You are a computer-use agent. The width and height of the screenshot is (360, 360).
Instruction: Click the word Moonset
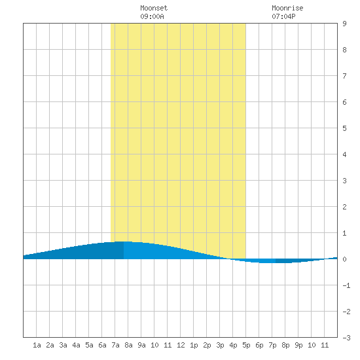(154, 8)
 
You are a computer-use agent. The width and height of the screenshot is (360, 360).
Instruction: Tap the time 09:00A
(152, 16)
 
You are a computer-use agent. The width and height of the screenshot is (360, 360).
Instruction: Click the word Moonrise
(287, 8)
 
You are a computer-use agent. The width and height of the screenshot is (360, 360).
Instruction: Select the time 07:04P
(283, 16)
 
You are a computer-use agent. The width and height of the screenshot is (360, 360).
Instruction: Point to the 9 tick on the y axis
(344, 24)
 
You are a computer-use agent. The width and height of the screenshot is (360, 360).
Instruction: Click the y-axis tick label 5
(344, 128)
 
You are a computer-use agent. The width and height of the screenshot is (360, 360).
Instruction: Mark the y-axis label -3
(346, 338)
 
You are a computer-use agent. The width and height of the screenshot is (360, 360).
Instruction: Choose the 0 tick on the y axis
(344, 259)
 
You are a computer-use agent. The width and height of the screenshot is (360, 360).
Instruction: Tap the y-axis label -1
(346, 285)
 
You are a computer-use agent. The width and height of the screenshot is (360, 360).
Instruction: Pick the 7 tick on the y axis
(344, 76)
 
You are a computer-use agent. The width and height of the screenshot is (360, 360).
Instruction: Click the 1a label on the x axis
(37, 345)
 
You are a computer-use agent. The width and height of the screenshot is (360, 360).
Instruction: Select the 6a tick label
(102, 345)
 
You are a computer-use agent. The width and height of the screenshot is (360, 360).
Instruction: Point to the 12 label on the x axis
(181, 345)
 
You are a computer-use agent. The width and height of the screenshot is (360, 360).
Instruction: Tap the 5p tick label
(246, 345)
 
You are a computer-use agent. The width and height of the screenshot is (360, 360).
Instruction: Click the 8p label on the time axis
(285, 345)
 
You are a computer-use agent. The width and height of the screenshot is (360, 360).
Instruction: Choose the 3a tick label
(63, 345)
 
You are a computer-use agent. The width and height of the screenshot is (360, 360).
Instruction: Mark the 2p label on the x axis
(207, 345)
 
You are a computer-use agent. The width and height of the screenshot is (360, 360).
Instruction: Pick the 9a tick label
(141, 345)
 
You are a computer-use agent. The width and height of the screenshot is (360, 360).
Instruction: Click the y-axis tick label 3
(344, 181)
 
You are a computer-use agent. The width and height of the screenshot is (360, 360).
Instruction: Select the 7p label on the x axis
(272, 345)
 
